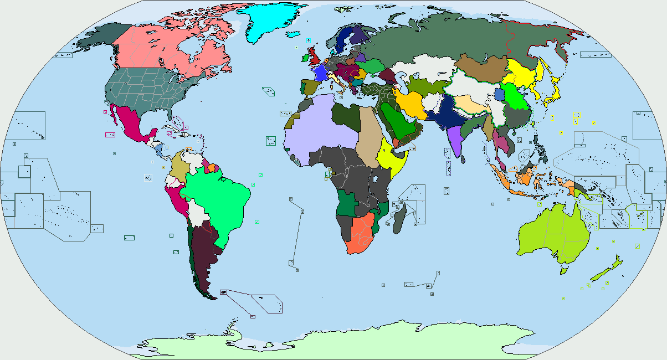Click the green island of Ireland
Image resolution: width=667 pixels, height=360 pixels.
coord(306,56)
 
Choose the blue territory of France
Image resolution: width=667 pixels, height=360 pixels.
coord(319,73)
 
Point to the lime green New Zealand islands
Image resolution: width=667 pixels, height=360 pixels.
coord(604,271)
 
